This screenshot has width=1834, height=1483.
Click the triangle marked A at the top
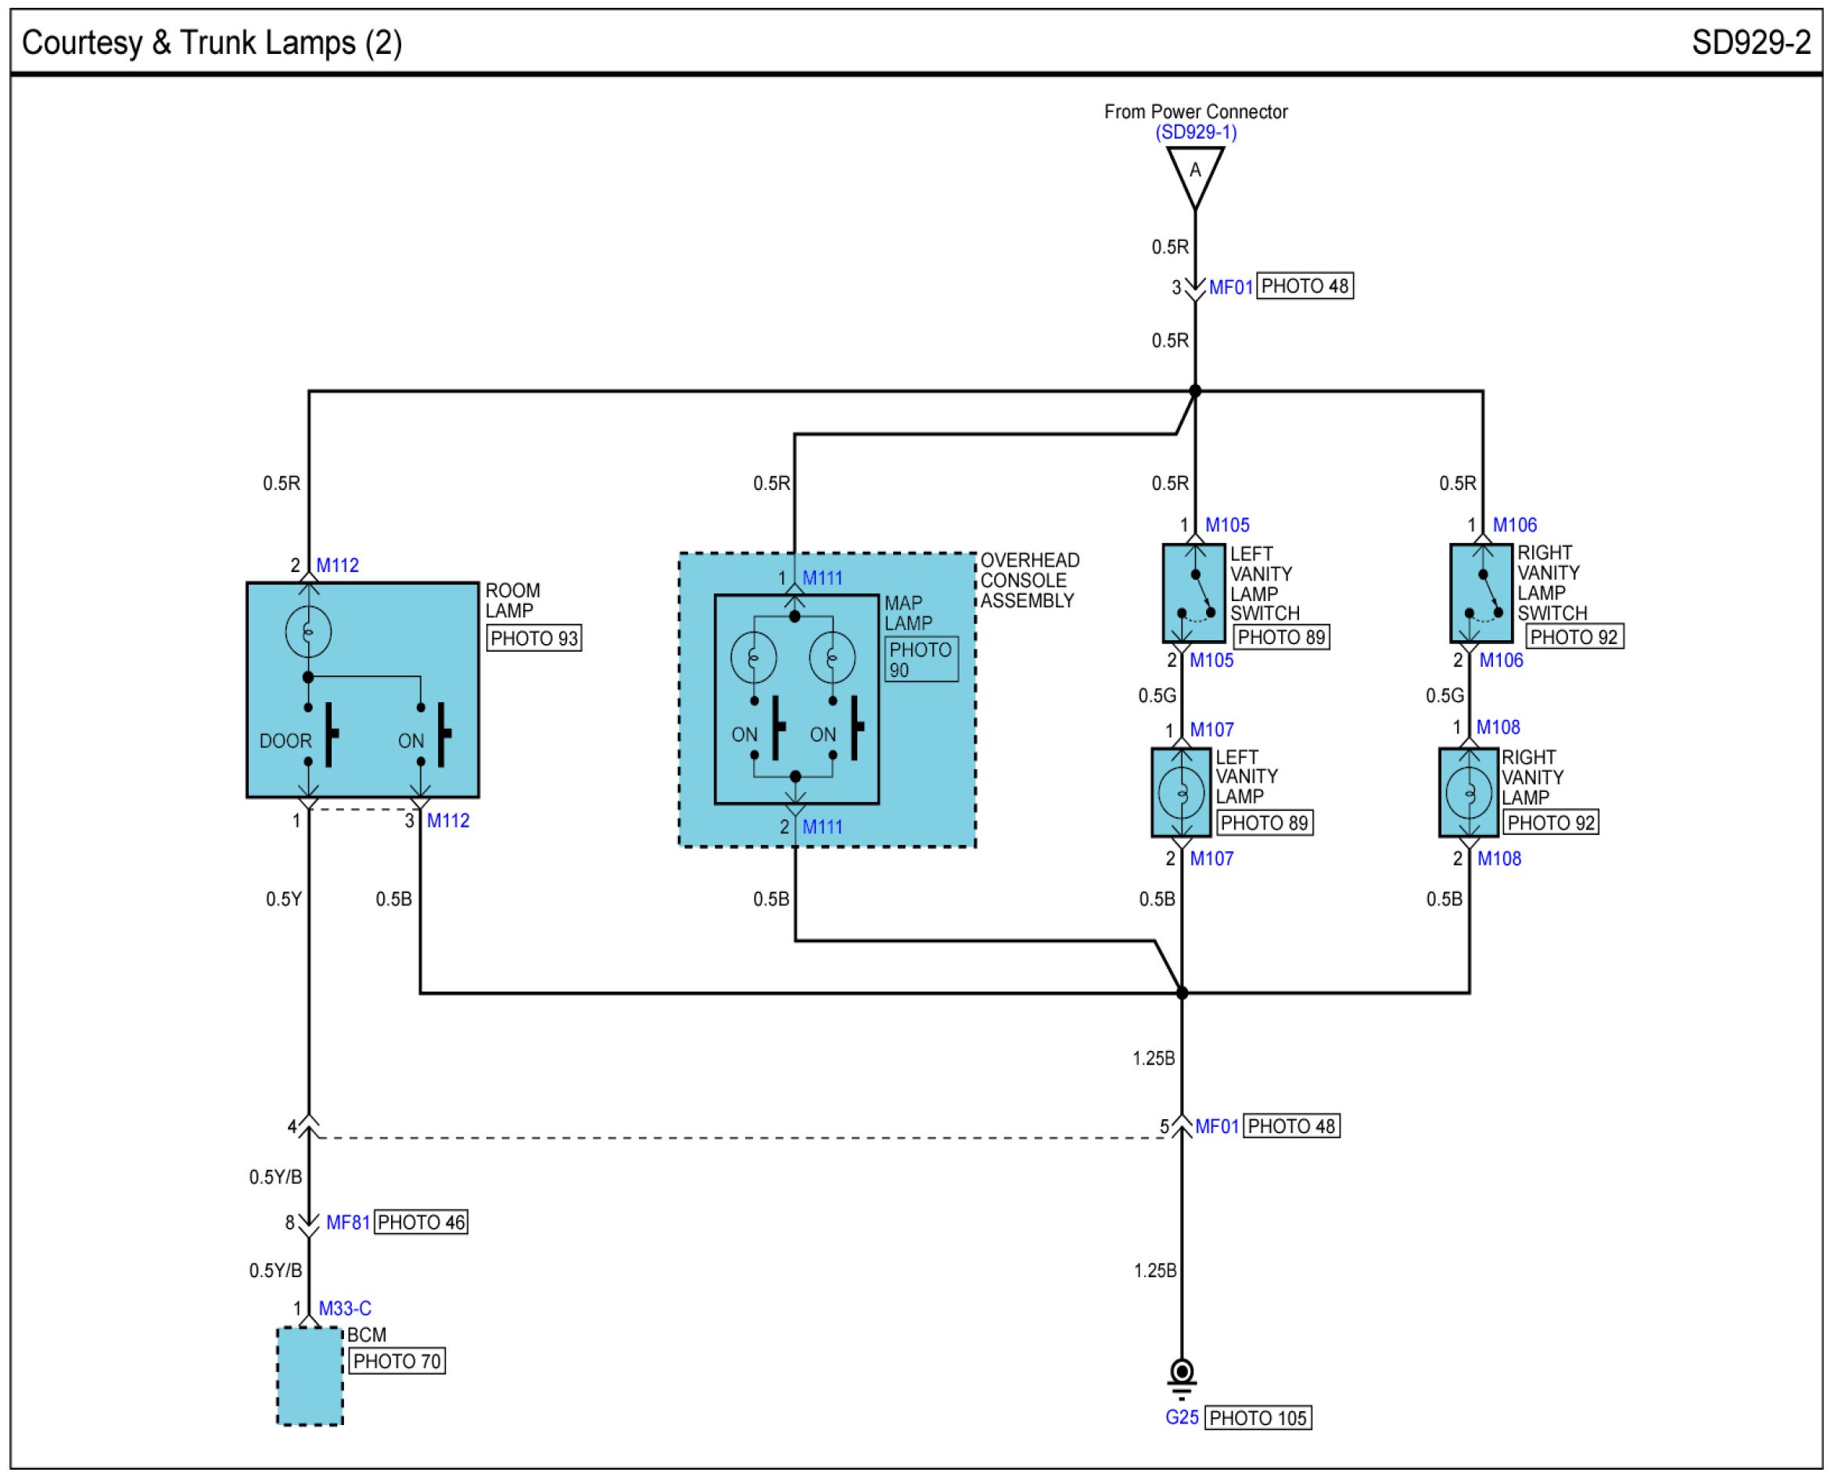1194,171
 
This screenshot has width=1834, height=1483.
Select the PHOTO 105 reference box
1258,1418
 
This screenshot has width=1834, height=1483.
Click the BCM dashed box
310,1375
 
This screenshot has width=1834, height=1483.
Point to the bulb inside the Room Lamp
308,632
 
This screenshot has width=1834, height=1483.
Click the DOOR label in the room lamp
285,740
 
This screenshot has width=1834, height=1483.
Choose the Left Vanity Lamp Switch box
1193,593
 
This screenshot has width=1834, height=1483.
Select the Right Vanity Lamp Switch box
1481,593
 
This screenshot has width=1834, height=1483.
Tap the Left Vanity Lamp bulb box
1182,792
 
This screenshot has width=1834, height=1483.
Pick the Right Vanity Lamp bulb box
1469,792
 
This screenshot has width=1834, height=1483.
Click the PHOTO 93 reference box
533,638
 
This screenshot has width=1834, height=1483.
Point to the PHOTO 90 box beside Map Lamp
921,660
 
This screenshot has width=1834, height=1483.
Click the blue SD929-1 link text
1195,132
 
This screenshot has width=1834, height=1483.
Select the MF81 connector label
348,1222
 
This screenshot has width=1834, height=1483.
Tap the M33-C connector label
345,1308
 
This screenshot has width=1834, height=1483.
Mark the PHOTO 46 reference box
421,1222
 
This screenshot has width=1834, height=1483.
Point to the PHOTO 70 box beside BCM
397,1361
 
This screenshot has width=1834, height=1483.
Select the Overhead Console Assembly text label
1030,580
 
